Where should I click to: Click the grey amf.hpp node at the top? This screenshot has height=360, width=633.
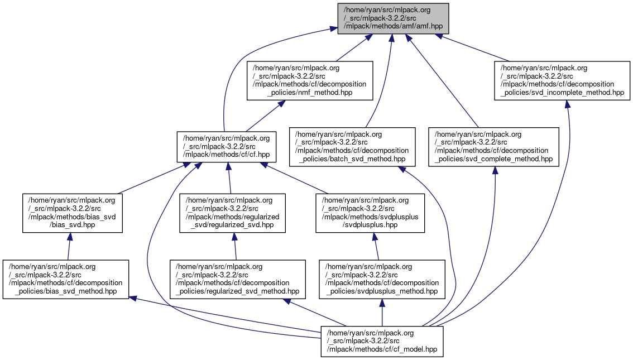[x=393, y=18]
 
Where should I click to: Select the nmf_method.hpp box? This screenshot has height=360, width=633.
[x=310, y=80]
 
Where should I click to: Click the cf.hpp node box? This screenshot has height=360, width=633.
[x=225, y=147]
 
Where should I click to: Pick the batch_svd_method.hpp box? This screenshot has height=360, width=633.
[x=352, y=147]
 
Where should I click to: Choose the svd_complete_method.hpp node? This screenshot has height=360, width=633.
[x=493, y=147]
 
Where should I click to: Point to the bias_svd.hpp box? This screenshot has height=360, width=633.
[x=71, y=213]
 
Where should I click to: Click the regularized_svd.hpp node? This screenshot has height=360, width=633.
[x=232, y=213]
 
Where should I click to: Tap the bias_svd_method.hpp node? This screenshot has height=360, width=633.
[x=66, y=279]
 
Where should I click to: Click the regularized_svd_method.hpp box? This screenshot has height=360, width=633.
[x=238, y=279]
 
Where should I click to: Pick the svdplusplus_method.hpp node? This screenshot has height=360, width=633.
[x=382, y=279]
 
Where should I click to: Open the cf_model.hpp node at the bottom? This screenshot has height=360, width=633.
[x=382, y=342]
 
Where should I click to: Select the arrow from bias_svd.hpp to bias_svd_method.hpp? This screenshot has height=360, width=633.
[x=69, y=246]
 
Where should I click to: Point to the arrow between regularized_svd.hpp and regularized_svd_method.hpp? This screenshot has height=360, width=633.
[x=235, y=246]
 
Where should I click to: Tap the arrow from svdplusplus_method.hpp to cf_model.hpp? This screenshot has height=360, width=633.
[x=382, y=313]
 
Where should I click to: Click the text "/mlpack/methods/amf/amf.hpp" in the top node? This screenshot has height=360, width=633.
[x=393, y=26]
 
